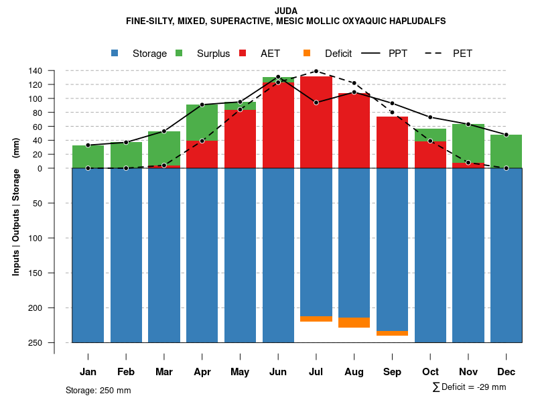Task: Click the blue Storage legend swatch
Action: coord(115,54)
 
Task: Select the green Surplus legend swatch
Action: coord(180,54)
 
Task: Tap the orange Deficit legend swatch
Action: coord(307,54)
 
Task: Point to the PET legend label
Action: coord(462,54)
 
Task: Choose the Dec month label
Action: coord(507,372)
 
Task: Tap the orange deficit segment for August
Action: coord(354,322)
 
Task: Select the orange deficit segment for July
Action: coord(316,318)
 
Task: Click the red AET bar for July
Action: coord(316,121)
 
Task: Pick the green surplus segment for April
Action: coord(202,122)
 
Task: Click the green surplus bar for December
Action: coord(507,151)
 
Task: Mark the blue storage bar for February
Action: coord(126,255)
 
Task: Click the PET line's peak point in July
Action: coord(316,71)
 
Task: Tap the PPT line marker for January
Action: coord(88,145)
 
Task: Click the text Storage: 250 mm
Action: coord(98,390)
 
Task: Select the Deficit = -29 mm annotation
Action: coord(470,387)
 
